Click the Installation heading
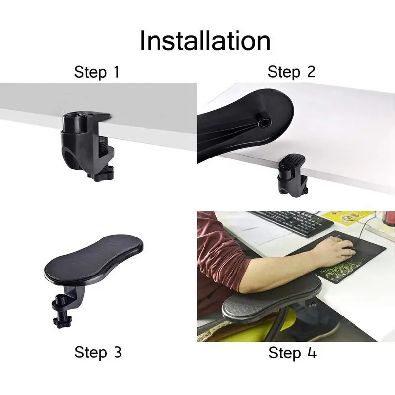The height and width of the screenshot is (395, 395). [205, 40]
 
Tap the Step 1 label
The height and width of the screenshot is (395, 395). [97, 72]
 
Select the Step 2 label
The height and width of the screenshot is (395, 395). [291, 72]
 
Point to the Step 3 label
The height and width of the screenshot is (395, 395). [98, 352]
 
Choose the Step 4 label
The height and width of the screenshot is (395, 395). [292, 353]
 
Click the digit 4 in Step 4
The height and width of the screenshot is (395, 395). [312, 352]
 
